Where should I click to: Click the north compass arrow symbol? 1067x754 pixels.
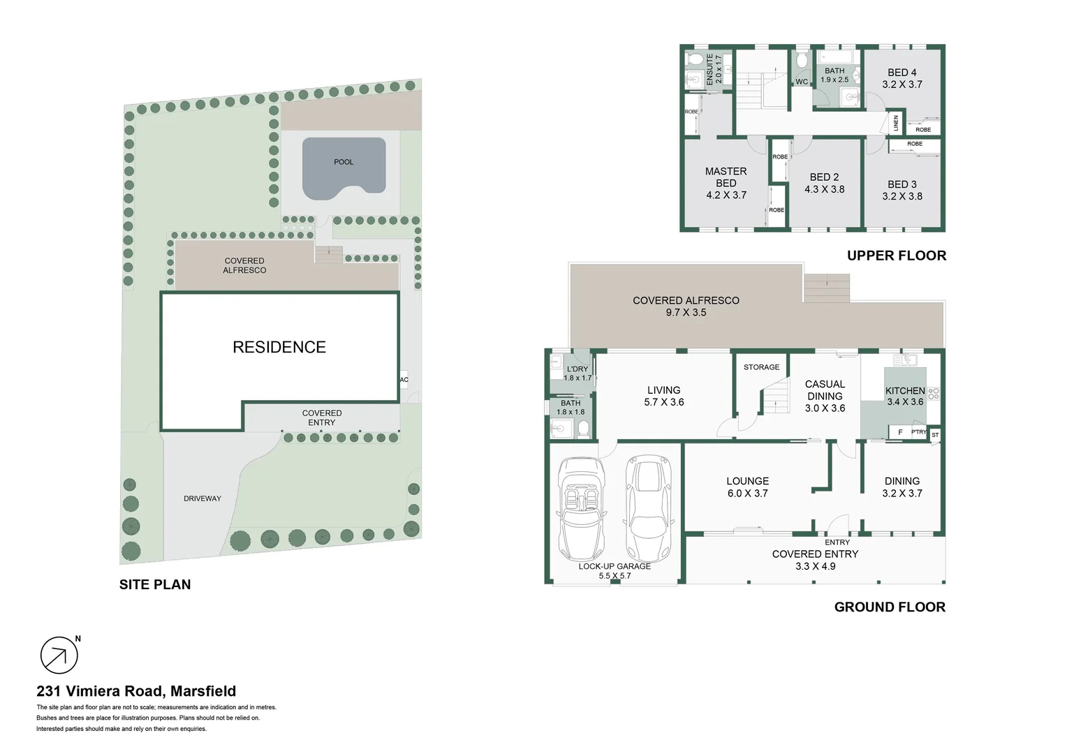(59, 656)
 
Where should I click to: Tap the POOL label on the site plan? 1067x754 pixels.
(344, 162)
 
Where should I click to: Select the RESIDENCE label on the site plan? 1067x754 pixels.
(279, 347)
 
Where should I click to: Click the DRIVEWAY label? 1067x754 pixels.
(203, 498)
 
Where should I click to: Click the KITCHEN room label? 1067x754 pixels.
(905, 391)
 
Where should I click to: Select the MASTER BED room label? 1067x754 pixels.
(726, 177)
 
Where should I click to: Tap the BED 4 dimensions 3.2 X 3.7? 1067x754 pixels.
(902, 84)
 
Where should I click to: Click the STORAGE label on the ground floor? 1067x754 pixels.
(761, 367)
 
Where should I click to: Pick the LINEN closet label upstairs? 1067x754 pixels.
(896, 124)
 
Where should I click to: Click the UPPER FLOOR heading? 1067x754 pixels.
(897, 256)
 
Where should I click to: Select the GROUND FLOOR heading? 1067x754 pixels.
(890, 607)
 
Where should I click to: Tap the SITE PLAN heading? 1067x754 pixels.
(155, 585)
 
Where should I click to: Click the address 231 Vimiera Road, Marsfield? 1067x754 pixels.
(136, 691)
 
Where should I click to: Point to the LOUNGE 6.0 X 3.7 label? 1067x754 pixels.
(747, 487)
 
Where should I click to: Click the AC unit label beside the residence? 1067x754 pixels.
(404, 380)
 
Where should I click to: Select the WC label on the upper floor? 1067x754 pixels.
(802, 82)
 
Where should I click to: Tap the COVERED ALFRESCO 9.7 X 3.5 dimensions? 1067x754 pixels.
(686, 313)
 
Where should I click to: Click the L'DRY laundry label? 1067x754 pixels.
(577, 369)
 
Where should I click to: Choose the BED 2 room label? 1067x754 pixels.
(824, 177)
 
